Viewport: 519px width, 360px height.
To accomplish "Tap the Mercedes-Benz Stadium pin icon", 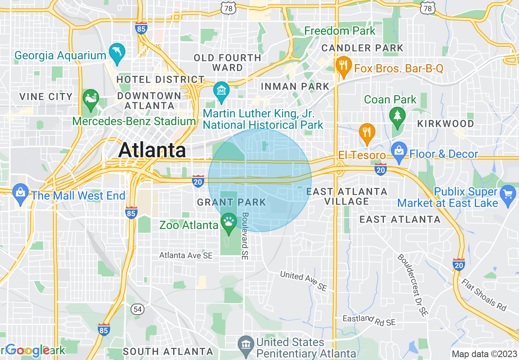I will pos(90,99).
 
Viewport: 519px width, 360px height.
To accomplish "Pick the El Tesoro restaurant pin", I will pos(367,133).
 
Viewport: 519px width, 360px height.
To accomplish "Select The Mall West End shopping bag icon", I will pos(20,192).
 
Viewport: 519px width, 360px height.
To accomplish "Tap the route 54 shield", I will pos(138,309).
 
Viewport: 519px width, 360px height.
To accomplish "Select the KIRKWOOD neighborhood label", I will pos(445,124).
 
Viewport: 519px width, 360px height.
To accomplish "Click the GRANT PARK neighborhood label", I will pos(232,202).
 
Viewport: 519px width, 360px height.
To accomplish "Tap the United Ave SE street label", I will pos(303,281).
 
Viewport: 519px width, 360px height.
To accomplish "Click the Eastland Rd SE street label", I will pos(369,321).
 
